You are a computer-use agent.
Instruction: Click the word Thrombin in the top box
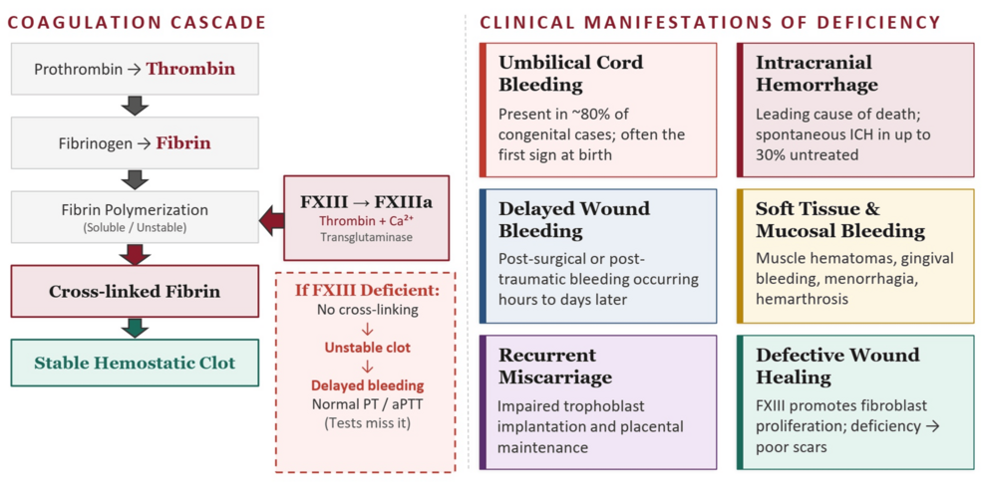point(190,69)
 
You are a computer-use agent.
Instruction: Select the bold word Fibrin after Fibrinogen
point(182,142)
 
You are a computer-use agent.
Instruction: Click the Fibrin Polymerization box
point(135,217)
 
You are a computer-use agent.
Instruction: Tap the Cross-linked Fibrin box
point(135,291)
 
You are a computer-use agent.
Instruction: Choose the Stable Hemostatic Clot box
point(135,363)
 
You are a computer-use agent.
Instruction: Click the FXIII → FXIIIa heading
point(366,201)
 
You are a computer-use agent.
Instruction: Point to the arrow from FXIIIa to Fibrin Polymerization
point(271,218)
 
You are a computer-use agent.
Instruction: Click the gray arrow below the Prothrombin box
point(135,106)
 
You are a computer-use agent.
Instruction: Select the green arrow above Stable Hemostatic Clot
point(135,327)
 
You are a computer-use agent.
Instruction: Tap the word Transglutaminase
point(366,237)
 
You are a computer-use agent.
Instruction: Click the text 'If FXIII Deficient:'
point(366,290)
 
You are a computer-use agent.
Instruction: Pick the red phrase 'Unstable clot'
point(366,348)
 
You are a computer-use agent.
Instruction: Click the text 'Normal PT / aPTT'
point(366,403)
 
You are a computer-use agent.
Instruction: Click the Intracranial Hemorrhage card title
point(816,73)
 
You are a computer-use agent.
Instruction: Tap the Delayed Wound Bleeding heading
point(573,219)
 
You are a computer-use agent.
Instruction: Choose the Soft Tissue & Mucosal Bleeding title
point(839,219)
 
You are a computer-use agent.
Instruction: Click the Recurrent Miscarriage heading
point(554,366)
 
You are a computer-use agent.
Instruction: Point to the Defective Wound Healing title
point(837,366)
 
